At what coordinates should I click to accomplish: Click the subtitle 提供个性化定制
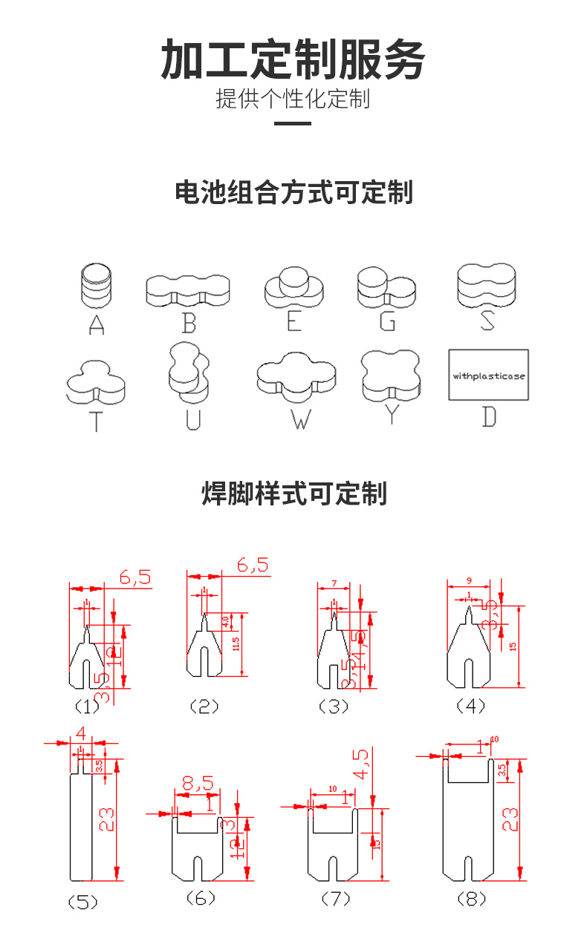tap(293, 99)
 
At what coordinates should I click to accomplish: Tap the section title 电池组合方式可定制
tap(293, 193)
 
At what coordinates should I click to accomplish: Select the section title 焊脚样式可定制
tap(294, 494)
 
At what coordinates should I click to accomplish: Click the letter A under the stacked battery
tap(97, 325)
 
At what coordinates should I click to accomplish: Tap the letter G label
tap(387, 322)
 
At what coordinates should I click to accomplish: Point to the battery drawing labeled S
tap(487, 285)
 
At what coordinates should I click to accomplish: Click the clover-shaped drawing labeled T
tap(96, 382)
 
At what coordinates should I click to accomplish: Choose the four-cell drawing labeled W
tap(296, 375)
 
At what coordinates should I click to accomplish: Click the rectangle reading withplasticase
tap(488, 376)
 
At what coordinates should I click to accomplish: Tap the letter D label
tap(488, 417)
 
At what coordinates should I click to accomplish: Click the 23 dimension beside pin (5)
tap(108, 819)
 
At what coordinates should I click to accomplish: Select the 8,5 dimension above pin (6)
tap(197, 782)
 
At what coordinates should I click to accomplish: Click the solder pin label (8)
tap(470, 899)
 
